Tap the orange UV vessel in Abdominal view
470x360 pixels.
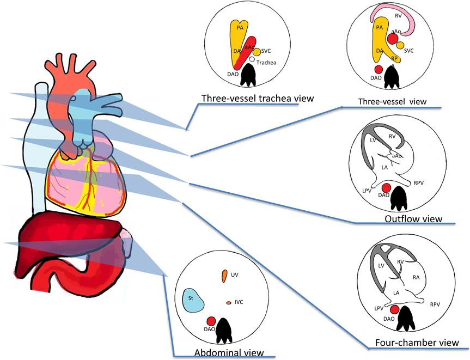pyautogui.click(x=224, y=276)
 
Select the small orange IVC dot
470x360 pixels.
pyautogui.click(x=229, y=303)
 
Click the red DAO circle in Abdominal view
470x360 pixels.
pyautogui.click(x=211, y=322)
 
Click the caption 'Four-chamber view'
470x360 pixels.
pyautogui.click(x=414, y=343)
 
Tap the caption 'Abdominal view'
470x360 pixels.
pyautogui.click(x=229, y=353)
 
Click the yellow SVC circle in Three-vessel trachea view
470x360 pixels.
pyautogui.click(x=257, y=51)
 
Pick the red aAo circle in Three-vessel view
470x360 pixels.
pyautogui.click(x=392, y=39)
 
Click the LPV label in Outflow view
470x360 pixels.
pyautogui.click(x=367, y=191)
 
